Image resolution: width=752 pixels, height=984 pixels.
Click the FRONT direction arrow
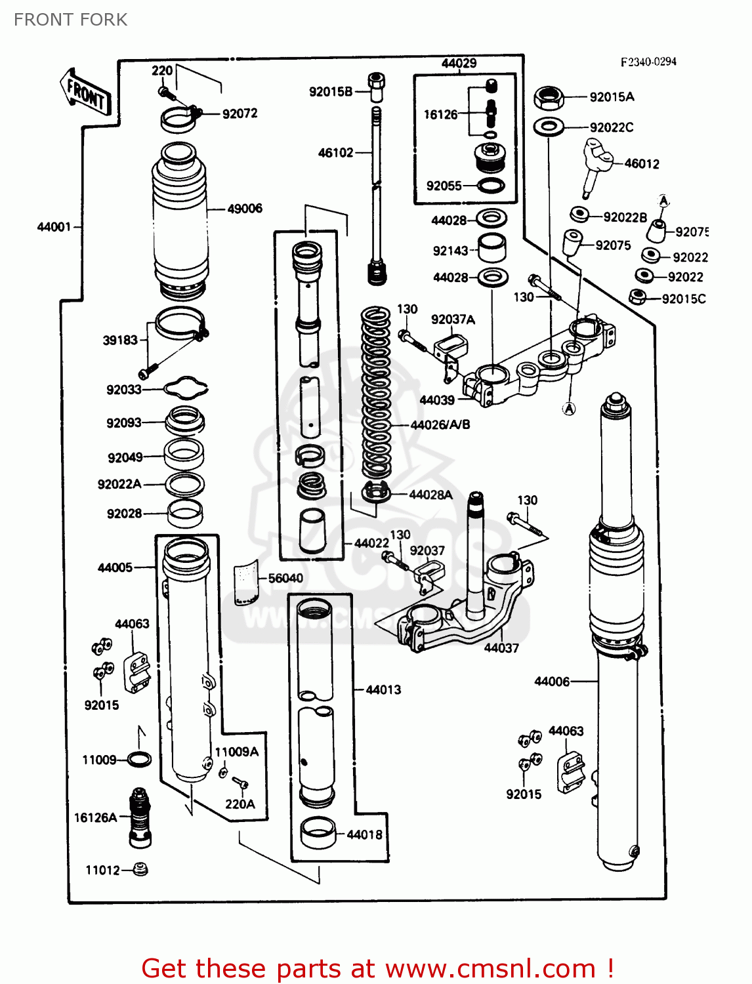85,92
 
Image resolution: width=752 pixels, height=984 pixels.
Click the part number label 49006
244,209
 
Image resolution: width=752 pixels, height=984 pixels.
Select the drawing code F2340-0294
648,62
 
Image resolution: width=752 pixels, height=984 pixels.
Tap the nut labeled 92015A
549,98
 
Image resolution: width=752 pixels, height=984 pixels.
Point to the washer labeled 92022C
549,126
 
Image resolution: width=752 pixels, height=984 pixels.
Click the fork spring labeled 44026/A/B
376,394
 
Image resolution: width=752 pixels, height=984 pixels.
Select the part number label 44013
383,689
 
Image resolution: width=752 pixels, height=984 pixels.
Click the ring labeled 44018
318,833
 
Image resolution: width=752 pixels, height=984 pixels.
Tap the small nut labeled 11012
139,869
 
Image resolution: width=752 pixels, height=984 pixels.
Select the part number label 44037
501,648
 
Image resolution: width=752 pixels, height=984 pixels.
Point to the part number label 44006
552,682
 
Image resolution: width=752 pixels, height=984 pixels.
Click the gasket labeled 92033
186,388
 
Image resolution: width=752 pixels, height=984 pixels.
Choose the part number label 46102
335,153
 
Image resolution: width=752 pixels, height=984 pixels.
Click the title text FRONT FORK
71,20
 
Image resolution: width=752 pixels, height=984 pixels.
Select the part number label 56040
285,578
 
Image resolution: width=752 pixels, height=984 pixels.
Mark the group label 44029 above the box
459,63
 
